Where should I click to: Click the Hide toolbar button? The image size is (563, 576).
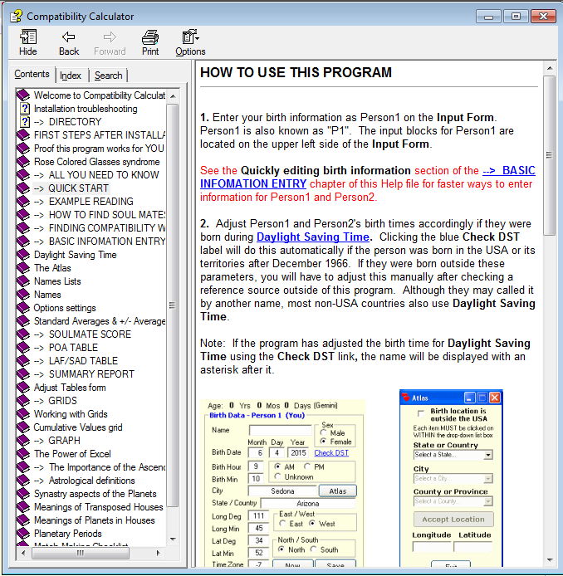coord(27,42)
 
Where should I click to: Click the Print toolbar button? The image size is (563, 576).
coord(150,42)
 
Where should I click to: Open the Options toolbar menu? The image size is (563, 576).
coord(190,42)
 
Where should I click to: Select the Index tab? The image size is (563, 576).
coord(71,76)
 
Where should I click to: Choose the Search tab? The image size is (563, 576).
coord(108,76)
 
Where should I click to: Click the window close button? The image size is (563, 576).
coord(543,16)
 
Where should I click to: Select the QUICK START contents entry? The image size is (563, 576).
coord(78,188)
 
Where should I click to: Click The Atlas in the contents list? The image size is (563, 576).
coord(52,268)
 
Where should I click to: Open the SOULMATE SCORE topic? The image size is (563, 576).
coord(90,334)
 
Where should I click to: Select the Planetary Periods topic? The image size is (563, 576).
coord(67,534)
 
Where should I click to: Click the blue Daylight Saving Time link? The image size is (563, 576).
coord(312,237)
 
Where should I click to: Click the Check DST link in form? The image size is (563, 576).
coord(331,453)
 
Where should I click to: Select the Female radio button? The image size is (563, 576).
coord(324,442)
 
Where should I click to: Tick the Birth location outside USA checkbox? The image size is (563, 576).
coord(421,412)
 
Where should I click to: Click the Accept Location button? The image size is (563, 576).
coord(453,520)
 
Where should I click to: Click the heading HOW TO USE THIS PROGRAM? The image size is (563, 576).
coord(296,73)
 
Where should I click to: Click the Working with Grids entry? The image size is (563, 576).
coord(71,414)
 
